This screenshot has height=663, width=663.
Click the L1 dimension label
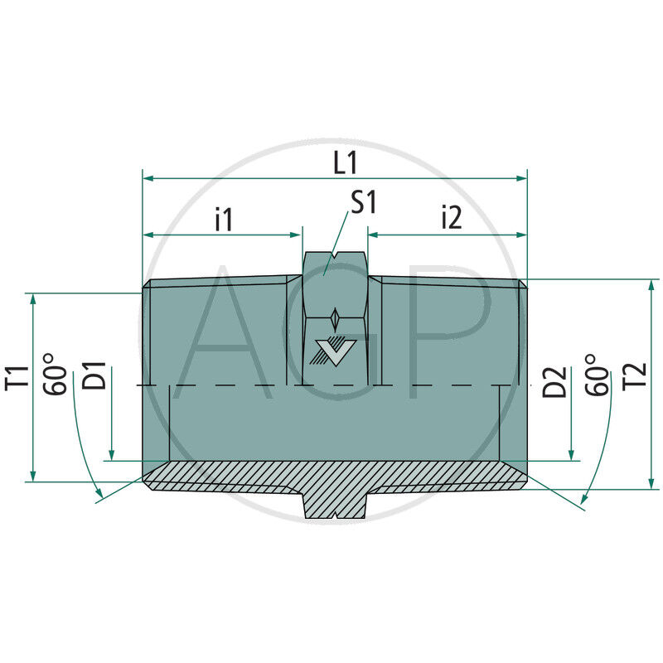tap(345, 162)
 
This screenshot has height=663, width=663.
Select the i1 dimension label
tap(224, 219)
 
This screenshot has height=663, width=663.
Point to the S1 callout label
tap(363, 203)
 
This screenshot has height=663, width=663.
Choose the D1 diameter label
tap(97, 376)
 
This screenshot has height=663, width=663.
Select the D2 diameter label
tap(556, 384)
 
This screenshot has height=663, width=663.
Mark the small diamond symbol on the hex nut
tap(334, 318)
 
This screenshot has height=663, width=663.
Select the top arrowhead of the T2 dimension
tap(651, 285)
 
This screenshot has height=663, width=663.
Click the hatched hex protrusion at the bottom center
tap(335, 503)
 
